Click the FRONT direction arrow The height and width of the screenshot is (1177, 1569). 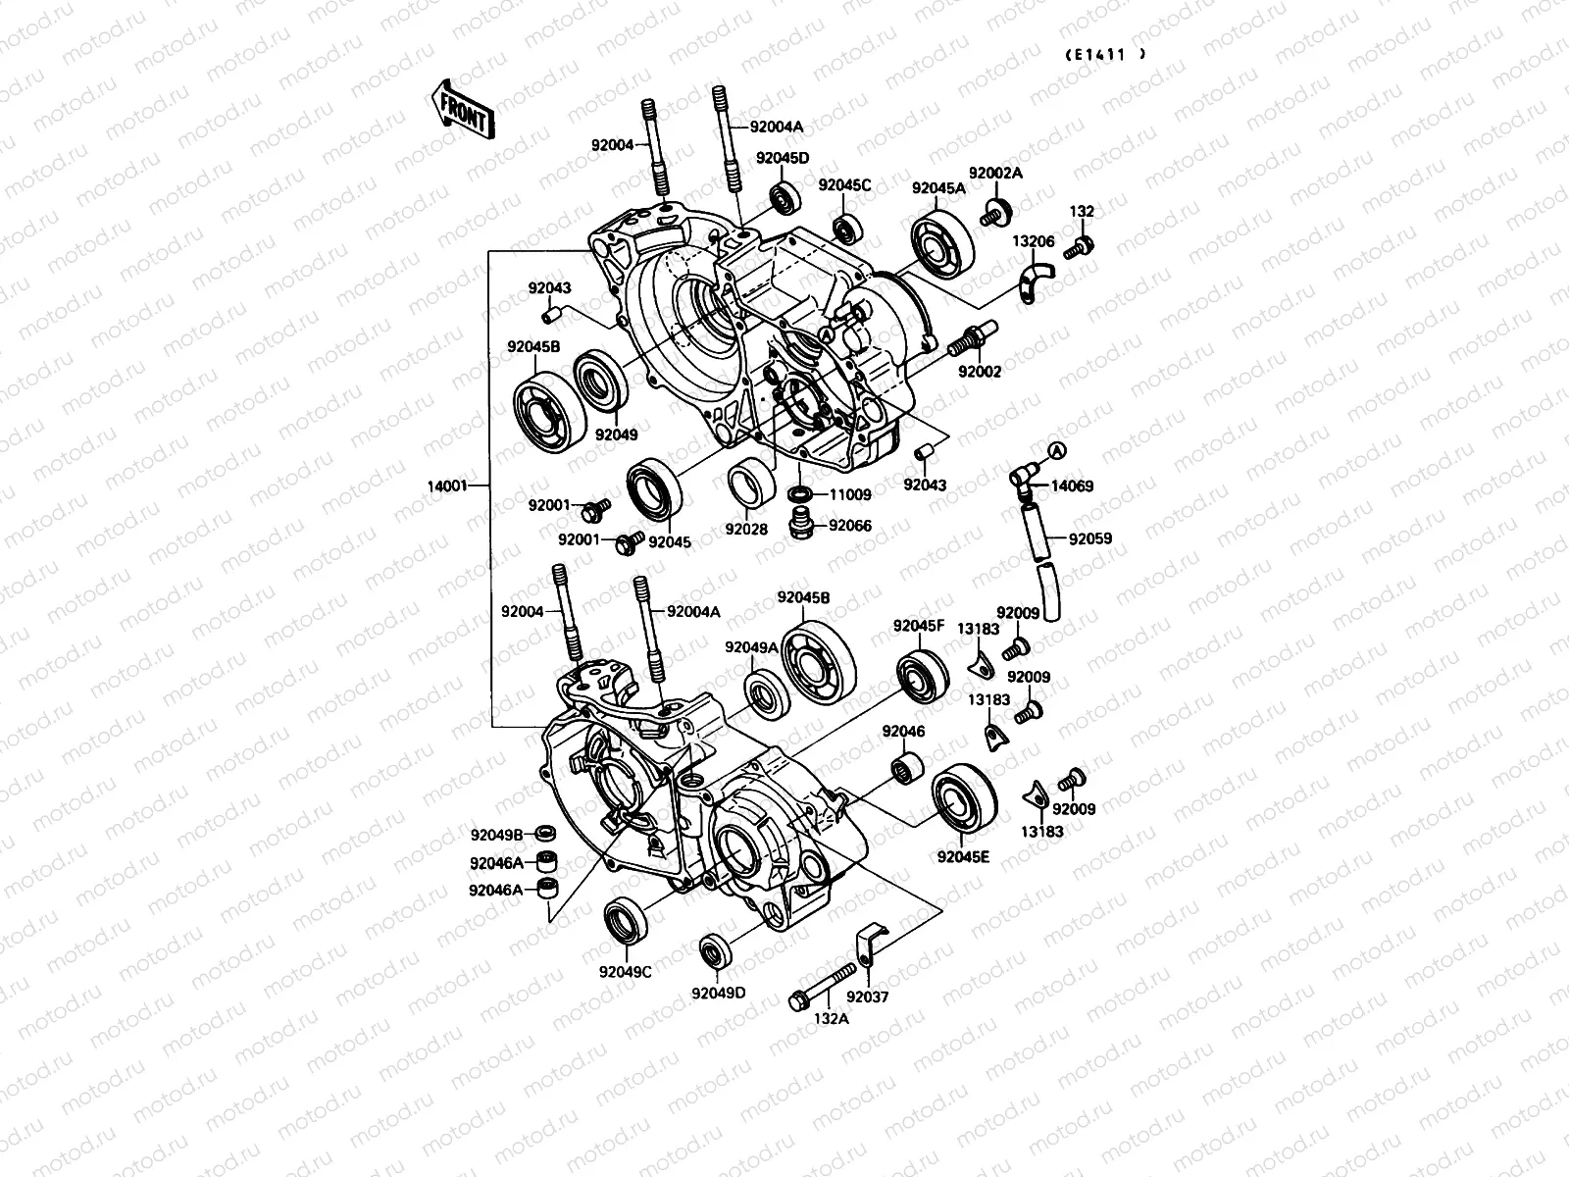click(x=462, y=108)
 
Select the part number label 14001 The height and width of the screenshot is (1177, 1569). click(x=448, y=485)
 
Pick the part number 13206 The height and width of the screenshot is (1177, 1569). click(x=1033, y=241)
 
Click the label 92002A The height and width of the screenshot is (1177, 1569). click(x=995, y=173)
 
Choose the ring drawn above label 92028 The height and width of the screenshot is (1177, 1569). click(x=751, y=484)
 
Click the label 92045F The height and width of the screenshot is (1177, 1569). click(x=918, y=626)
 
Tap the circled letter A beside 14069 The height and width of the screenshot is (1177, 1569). click(x=1056, y=449)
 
